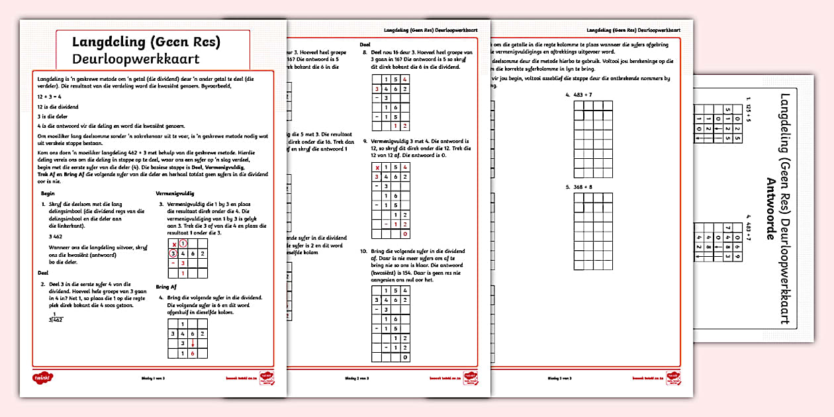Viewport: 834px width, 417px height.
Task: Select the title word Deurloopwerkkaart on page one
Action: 136,59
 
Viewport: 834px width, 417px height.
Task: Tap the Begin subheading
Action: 47,193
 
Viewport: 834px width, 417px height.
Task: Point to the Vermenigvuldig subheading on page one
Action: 175,193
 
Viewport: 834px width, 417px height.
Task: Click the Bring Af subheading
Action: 167,287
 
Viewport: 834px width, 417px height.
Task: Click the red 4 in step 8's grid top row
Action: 405,79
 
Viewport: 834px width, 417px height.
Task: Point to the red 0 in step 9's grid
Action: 405,234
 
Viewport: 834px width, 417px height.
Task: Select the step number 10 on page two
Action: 364,252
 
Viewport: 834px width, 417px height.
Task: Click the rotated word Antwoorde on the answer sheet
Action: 768,212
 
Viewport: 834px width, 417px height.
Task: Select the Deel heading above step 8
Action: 365,44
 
